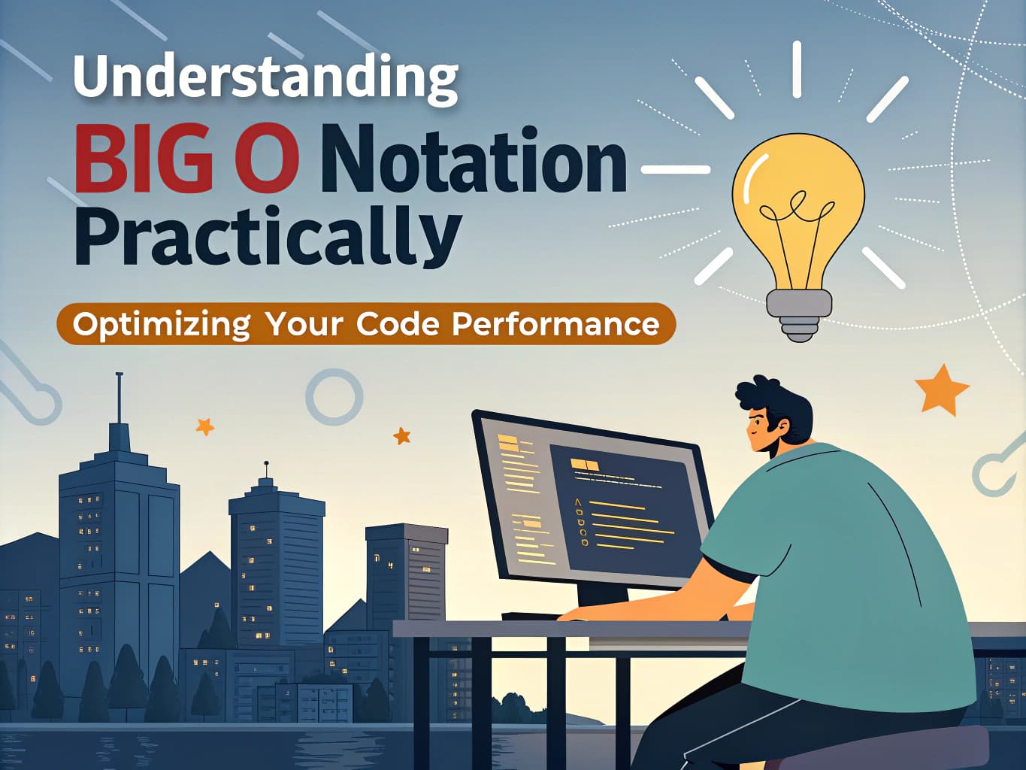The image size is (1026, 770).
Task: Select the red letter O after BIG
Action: tap(267, 160)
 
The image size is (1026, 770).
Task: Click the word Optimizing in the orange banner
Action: tap(161, 324)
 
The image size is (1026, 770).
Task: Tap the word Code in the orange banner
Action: tap(398, 324)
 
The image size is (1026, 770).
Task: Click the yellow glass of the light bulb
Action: tap(798, 196)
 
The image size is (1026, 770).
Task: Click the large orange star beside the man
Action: tap(941, 390)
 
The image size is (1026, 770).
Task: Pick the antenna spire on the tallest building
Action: tap(119, 399)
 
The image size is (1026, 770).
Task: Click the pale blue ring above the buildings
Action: tap(334, 396)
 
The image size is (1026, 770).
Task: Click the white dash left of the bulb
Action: tap(675, 170)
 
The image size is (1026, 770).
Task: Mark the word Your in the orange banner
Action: tap(304, 324)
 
